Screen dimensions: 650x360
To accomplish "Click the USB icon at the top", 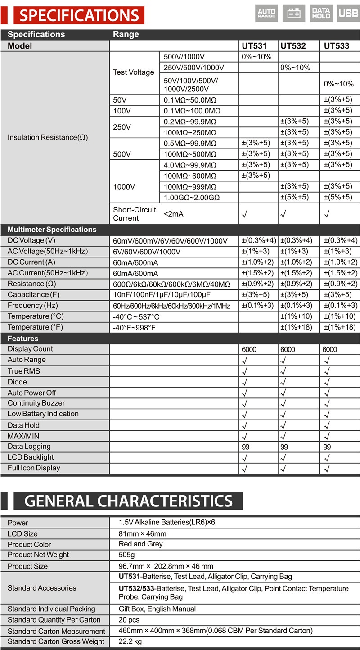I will (x=348, y=13).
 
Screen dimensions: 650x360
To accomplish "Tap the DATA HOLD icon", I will (x=321, y=13).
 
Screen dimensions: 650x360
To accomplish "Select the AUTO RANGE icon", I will (x=266, y=13).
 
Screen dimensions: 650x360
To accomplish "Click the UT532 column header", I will (x=293, y=46).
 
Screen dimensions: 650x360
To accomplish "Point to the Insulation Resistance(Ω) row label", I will (x=48, y=137).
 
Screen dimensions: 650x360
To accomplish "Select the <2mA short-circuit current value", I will (x=174, y=214).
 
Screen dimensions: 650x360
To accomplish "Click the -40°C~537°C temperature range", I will (x=136, y=316).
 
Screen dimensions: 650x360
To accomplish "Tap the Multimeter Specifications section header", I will (x=52, y=230).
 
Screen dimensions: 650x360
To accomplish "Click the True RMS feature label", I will (x=23, y=371).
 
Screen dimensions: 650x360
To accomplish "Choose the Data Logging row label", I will (x=29, y=447).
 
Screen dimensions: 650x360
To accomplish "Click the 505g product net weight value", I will (x=126, y=555).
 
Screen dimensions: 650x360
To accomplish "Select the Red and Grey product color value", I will (x=141, y=544).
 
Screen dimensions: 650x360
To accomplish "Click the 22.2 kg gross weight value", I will (x=130, y=641).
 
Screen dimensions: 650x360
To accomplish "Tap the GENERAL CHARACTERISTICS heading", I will (x=128, y=501).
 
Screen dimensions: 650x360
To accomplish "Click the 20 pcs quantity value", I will (x=129, y=620).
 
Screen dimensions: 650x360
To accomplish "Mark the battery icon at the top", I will (x=294, y=13).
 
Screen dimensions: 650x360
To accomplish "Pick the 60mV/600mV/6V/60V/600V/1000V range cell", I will (x=171, y=241).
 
